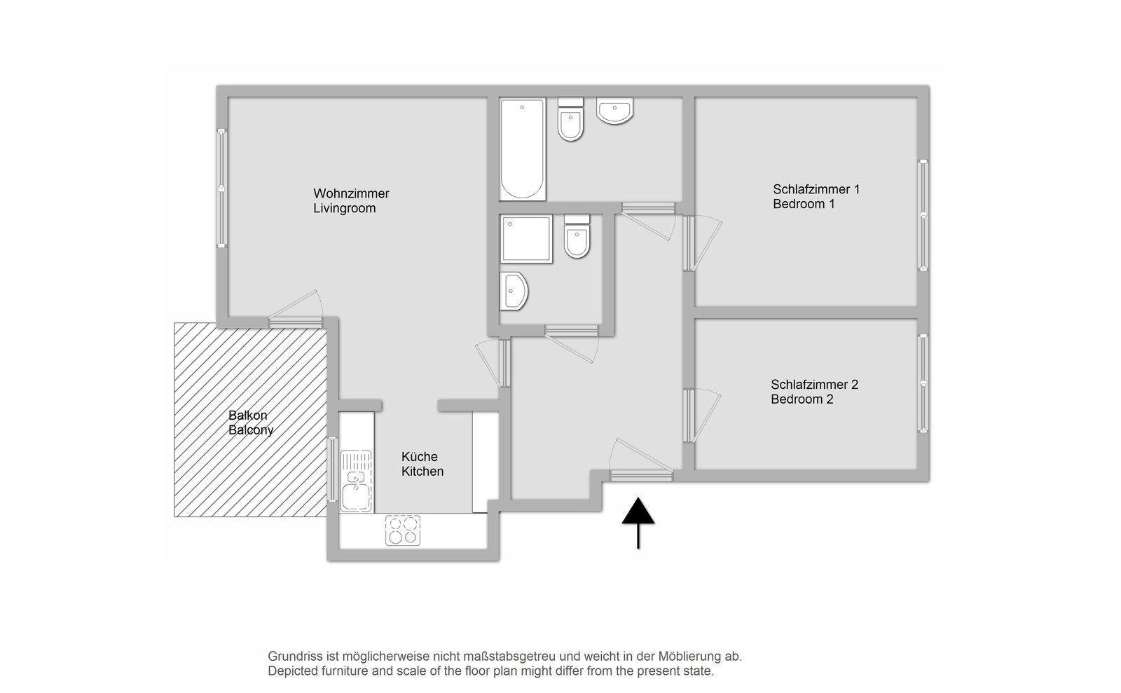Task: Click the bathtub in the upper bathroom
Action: pyautogui.click(x=523, y=149)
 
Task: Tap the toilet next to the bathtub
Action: pyautogui.click(x=570, y=119)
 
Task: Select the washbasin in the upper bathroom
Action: pyautogui.click(x=614, y=110)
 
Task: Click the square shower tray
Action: pyautogui.click(x=526, y=239)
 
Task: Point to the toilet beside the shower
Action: pyautogui.click(x=577, y=236)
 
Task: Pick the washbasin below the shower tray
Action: pyautogui.click(x=514, y=291)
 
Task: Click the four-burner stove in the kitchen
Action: pyautogui.click(x=403, y=530)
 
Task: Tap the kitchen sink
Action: pyautogui.click(x=357, y=481)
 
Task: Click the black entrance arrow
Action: pyautogui.click(x=638, y=523)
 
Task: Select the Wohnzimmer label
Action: pyautogui.click(x=351, y=193)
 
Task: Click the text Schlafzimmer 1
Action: pyautogui.click(x=816, y=190)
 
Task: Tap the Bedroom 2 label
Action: pyautogui.click(x=802, y=399)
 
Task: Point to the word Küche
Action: pyautogui.click(x=420, y=457)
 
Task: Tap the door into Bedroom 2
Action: pyautogui.click(x=701, y=416)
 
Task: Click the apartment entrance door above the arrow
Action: pyautogui.click(x=641, y=461)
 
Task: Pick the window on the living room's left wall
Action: pyautogui.click(x=221, y=188)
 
